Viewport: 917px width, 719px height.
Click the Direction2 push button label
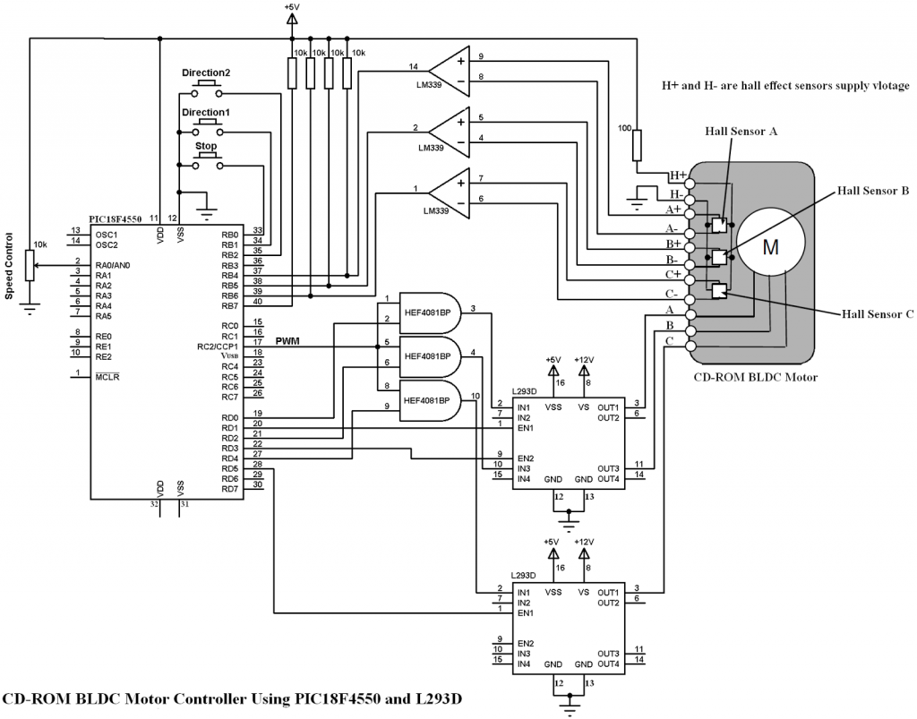coord(206,72)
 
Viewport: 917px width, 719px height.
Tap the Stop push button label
coord(206,145)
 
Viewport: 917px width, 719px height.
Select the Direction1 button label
coord(206,112)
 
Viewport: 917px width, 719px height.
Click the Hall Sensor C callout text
coord(877,314)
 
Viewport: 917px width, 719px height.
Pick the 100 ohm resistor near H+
coord(637,145)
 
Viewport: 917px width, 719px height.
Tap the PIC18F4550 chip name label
coord(121,218)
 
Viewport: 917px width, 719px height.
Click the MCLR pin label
coord(107,376)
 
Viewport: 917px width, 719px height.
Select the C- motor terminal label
coord(673,293)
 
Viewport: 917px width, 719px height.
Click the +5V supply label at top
coord(292,7)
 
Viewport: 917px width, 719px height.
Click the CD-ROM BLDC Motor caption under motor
coord(756,377)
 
